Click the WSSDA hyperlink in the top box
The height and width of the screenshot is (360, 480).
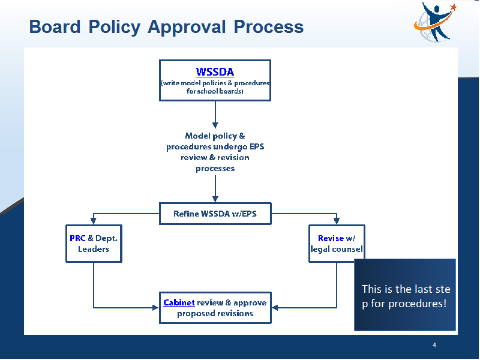215,72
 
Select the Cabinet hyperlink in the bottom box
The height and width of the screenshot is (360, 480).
179,303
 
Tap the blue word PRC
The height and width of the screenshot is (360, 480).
77,238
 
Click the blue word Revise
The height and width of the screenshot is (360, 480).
331,238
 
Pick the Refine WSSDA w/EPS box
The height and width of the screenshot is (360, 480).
215,214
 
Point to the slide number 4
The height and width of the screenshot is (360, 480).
434,346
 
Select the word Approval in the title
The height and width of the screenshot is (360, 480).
187,27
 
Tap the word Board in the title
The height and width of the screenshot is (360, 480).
55,26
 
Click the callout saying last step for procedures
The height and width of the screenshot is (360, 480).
405,295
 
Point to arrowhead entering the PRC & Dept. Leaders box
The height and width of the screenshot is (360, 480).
94,221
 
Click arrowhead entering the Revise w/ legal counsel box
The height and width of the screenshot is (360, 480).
337,221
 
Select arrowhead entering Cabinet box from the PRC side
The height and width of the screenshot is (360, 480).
155,308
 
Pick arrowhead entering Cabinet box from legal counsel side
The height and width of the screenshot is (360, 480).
275,308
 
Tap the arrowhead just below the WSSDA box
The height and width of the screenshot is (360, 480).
215,125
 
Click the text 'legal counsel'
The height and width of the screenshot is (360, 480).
337,250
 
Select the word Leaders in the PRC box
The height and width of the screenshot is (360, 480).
94,249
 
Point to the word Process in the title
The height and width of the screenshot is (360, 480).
268,26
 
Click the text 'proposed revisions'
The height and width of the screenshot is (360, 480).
215,313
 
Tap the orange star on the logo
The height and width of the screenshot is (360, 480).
454,7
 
